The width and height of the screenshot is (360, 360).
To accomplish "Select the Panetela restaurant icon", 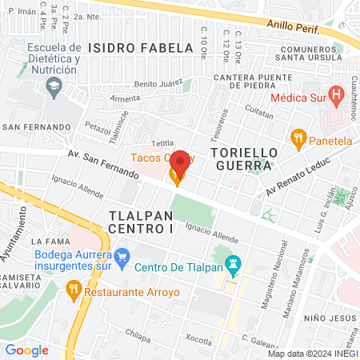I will coord(299,138).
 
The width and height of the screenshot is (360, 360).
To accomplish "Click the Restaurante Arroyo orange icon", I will coord(74,287).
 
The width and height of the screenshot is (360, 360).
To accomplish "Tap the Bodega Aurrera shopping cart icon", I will coord(122,258).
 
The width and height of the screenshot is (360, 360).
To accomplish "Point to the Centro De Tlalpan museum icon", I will coord(234,262).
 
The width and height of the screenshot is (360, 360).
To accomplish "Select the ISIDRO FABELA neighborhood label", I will coord(142,48).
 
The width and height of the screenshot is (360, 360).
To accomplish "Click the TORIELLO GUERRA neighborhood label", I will coord(243,159).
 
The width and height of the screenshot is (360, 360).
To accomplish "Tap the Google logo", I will coord(26,350).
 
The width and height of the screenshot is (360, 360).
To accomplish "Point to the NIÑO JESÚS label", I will coord(325,318).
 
